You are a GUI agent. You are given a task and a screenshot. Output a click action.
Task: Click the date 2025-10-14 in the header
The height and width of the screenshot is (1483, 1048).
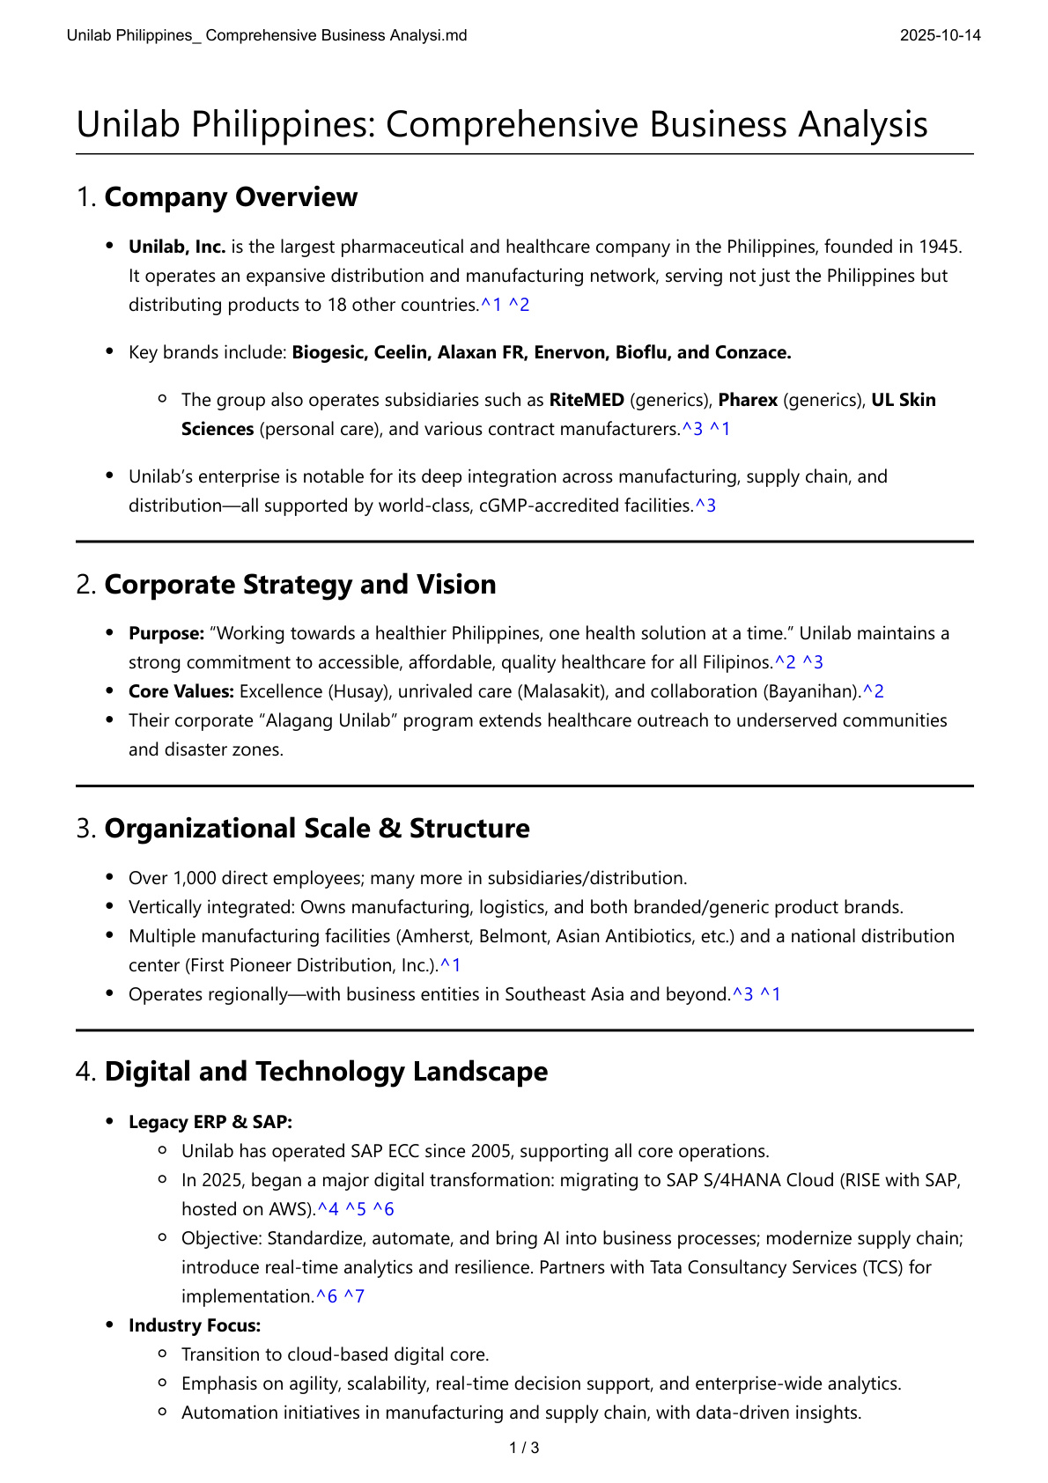(x=940, y=35)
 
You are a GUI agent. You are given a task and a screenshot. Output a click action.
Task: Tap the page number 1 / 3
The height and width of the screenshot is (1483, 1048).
(x=524, y=1448)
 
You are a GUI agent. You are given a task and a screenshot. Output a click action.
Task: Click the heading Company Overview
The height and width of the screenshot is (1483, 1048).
(x=231, y=197)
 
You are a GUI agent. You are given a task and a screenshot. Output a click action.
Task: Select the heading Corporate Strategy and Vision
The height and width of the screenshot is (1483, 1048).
(x=299, y=585)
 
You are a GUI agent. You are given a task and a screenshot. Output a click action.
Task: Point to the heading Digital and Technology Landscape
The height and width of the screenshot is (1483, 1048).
(x=326, y=1072)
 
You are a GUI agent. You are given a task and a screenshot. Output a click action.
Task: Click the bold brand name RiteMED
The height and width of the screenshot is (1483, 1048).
(x=587, y=400)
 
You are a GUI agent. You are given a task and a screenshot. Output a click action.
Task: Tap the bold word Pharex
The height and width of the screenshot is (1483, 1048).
(x=748, y=400)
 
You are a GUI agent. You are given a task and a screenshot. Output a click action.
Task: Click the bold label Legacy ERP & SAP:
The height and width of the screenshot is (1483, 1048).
(x=210, y=1122)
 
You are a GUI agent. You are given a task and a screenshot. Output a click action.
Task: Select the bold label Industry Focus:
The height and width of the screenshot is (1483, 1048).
(x=195, y=1325)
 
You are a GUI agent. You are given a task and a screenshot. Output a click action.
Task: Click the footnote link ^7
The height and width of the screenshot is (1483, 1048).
(x=353, y=1296)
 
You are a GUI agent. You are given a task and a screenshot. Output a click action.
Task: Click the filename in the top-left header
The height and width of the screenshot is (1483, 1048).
(x=267, y=35)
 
